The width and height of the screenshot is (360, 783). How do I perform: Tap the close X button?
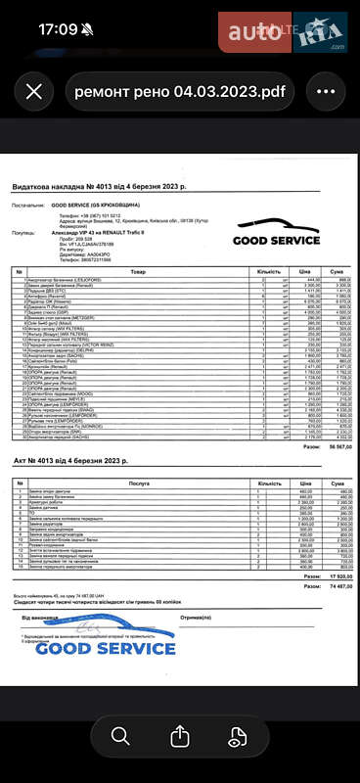click(34, 92)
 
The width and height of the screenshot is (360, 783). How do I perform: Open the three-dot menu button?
click(326, 92)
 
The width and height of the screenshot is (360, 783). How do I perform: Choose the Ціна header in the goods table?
click(304, 272)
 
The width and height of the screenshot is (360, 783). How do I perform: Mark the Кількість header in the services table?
click(252, 483)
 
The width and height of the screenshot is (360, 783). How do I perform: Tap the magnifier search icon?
click(120, 736)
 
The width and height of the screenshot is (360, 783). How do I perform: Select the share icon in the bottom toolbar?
click(180, 736)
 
